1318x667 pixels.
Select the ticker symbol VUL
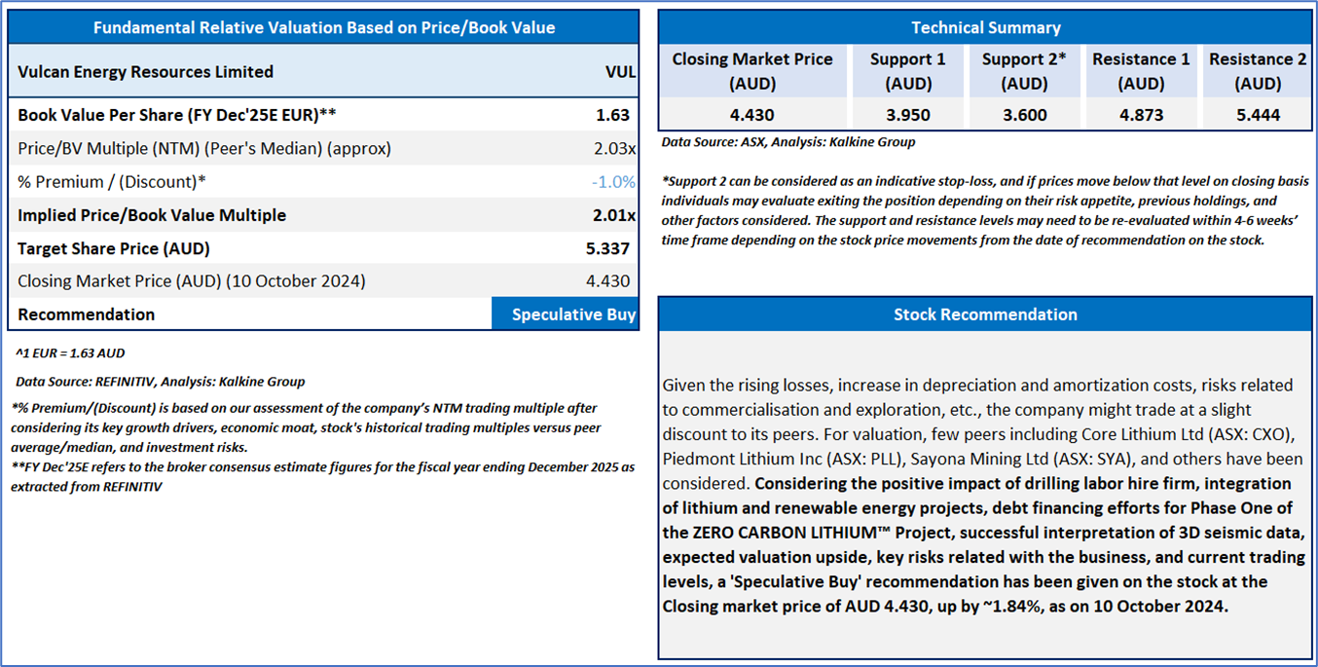pyautogui.click(x=620, y=72)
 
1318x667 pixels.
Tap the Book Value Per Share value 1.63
pyautogui.click(x=613, y=115)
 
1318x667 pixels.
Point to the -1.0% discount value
pyautogui.click(x=613, y=182)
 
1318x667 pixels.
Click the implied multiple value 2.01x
pyautogui.click(x=614, y=215)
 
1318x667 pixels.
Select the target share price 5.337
pyautogui.click(x=609, y=248)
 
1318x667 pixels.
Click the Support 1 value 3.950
pyautogui.click(x=907, y=115)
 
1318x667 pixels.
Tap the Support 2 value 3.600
pyautogui.click(x=1024, y=115)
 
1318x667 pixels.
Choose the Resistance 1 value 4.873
pyautogui.click(x=1141, y=115)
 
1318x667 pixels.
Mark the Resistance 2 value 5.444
pyautogui.click(x=1258, y=115)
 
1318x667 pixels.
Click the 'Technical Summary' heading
pyautogui.click(x=986, y=27)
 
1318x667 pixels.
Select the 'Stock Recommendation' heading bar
pyautogui.click(x=985, y=315)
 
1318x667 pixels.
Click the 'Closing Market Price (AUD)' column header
pyautogui.click(x=751, y=71)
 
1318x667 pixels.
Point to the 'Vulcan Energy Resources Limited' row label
pyautogui.click(x=145, y=72)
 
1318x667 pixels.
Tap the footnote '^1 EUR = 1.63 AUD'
pyautogui.click(x=70, y=353)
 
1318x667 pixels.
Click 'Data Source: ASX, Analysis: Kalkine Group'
pyautogui.click(x=788, y=142)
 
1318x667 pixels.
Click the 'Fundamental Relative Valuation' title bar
pyautogui.click(x=324, y=27)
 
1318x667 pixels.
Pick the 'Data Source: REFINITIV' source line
pyautogui.click(x=160, y=382)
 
